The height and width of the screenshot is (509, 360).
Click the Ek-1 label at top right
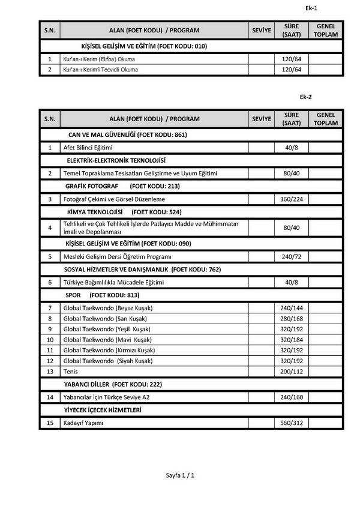[x=311, y=8]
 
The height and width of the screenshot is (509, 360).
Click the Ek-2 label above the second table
[x=306, y=97]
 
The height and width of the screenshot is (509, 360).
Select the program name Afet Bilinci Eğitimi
[x=88, y=147]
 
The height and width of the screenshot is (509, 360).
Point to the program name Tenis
[x=70, y=372]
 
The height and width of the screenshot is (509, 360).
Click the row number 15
[x=50, y=423]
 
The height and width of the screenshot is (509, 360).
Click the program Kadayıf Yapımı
[x=83, y=423]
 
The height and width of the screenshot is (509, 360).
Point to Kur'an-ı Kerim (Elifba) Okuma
[x=99, y=59]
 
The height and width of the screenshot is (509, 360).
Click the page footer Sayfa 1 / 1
[x=181, y=475]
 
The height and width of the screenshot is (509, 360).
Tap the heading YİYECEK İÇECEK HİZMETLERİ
[x=103, y=410]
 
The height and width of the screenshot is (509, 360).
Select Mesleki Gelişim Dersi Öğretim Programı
[x=118, y=256]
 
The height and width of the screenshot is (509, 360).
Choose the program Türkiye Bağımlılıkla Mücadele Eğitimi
[x=113, y=282]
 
